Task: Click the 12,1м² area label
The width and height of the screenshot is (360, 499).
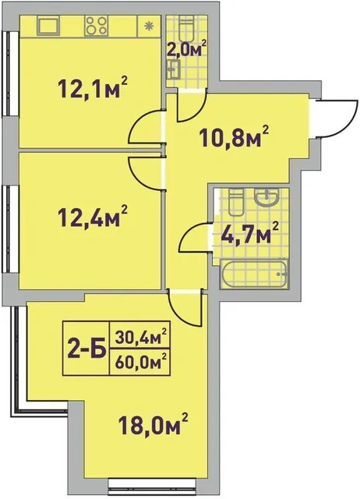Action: click(x=92, y=87)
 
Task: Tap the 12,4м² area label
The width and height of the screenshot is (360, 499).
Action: click(x=92, y=217)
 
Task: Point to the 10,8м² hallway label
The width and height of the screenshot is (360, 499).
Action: click(x=234, y=136)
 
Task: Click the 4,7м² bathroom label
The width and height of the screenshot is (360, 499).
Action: click(x=249, y=233)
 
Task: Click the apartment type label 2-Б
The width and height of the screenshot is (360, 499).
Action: click(x=86, y=349)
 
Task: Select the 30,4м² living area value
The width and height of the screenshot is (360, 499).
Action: click(x=141, y=336)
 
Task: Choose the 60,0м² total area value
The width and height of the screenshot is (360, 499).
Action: click(x=141, y=362)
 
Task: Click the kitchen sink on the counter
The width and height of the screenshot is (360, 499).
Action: click(x=48, y=26)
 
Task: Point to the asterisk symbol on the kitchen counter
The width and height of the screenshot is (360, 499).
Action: click(x=148, y=26)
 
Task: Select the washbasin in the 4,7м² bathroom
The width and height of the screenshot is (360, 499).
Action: click(x=266, y=196)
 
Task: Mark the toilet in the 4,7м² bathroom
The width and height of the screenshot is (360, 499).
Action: click(x=235, y=203)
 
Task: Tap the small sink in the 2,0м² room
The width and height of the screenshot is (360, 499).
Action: click(x=174, y=69)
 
